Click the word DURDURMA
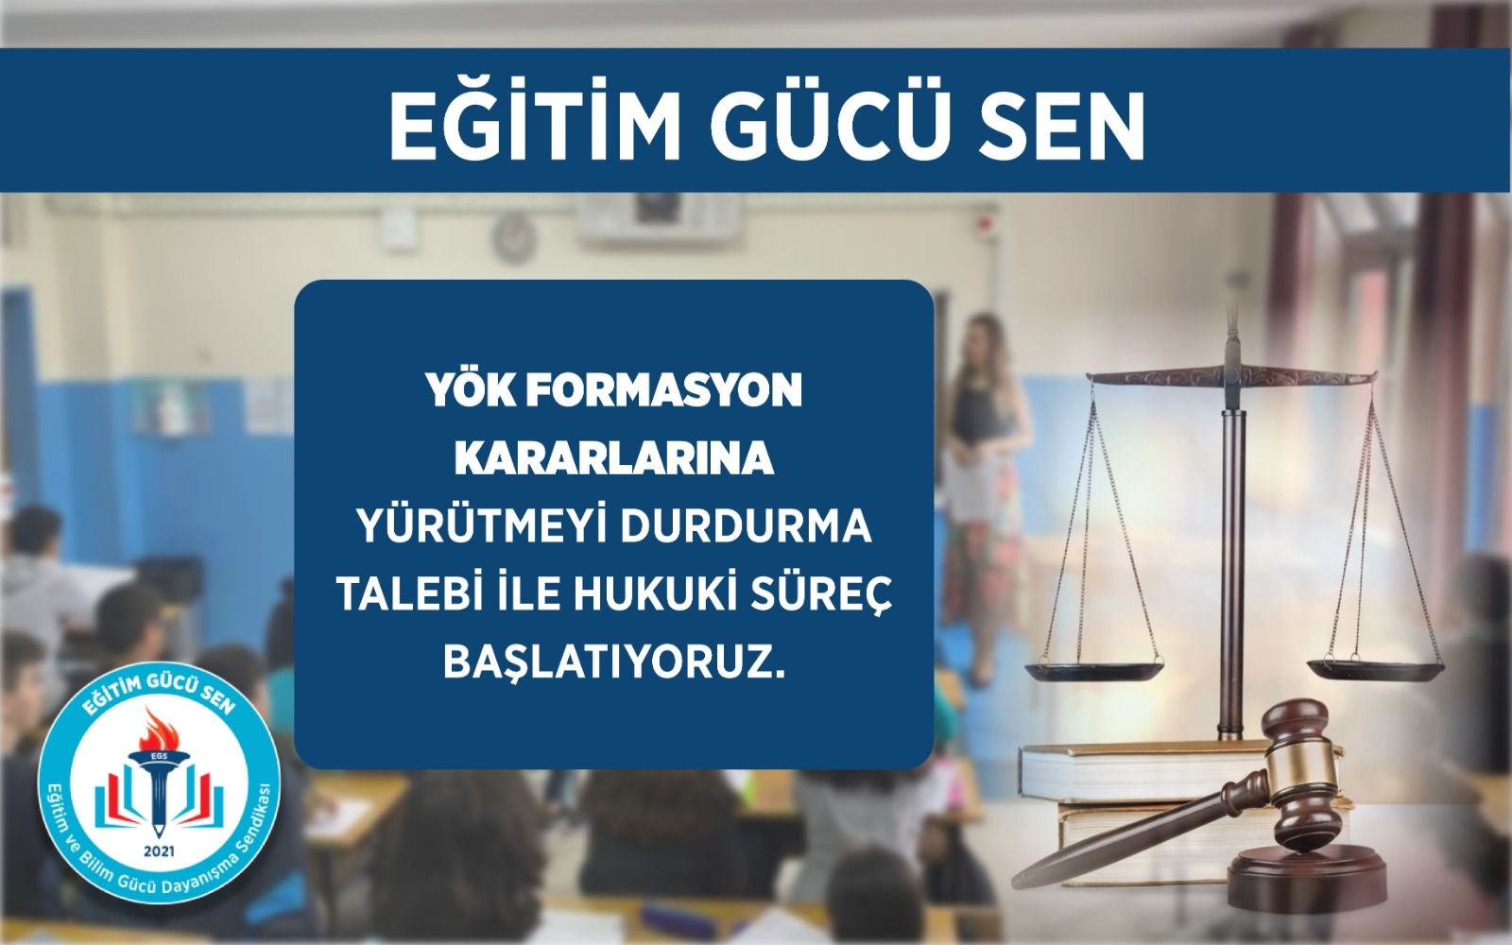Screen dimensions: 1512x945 [746, 528]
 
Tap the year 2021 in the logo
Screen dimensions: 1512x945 [160, 851]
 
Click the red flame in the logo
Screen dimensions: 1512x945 [160, 730]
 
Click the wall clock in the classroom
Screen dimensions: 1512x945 [514, 236]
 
